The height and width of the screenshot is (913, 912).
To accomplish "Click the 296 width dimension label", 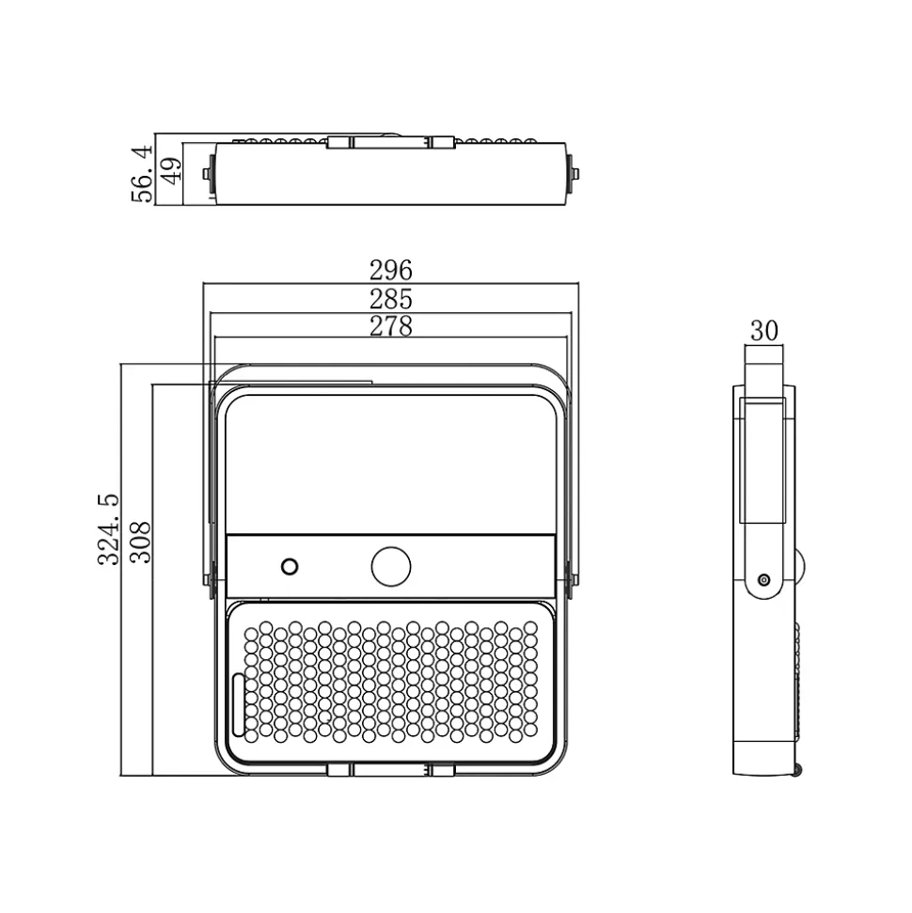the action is pyautogui.click(x=391, y=270).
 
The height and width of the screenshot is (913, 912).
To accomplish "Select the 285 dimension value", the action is pyautogui.click(x=391, y=299).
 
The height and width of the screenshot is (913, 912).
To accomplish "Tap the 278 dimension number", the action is pyautogui.click(x=391, y=326).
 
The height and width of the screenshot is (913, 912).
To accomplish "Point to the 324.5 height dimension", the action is pyautogui.click(x=108, y=529).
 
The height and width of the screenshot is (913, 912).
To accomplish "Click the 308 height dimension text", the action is pyautogui.click(x=140, y=543).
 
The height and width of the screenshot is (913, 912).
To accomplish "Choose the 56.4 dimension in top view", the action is pyautogui.click(x=143, y=174).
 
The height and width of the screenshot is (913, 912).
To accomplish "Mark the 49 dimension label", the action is pyautogui.click(x=172, y=170).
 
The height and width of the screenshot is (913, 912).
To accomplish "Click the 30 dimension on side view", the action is pyautogui.click(x=764, y=331).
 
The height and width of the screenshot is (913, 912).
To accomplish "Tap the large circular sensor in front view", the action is pyautogui.click(x=391, y=566).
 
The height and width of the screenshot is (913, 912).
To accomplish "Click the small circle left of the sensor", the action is pyautogui.click(x=290, y=567).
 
